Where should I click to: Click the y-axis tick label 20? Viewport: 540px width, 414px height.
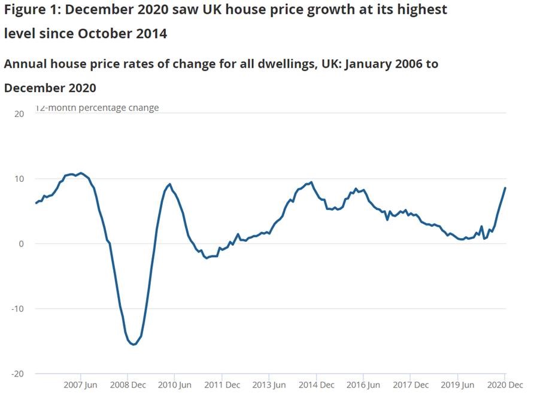(x=19, y=114)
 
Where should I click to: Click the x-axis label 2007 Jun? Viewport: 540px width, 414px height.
(x=80, y=385)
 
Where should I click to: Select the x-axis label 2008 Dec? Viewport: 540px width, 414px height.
(x=128, y=385)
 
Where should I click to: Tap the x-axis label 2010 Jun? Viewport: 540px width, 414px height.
(x=174, y=385)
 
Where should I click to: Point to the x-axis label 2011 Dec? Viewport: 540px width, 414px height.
(x=222, y=385)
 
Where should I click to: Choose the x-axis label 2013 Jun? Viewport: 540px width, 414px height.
(x=268, y=385)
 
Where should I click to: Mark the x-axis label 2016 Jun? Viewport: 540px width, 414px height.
(x=363, y=385)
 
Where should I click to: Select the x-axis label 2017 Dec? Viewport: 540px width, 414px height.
(x=410, y=385)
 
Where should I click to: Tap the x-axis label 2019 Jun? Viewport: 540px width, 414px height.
(x=457, y=385)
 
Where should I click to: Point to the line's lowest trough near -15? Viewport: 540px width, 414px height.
(x=134, y=344)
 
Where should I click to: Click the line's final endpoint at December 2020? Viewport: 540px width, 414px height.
(x=505, y=188)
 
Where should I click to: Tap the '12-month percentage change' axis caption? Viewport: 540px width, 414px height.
(x=98, y=108)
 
